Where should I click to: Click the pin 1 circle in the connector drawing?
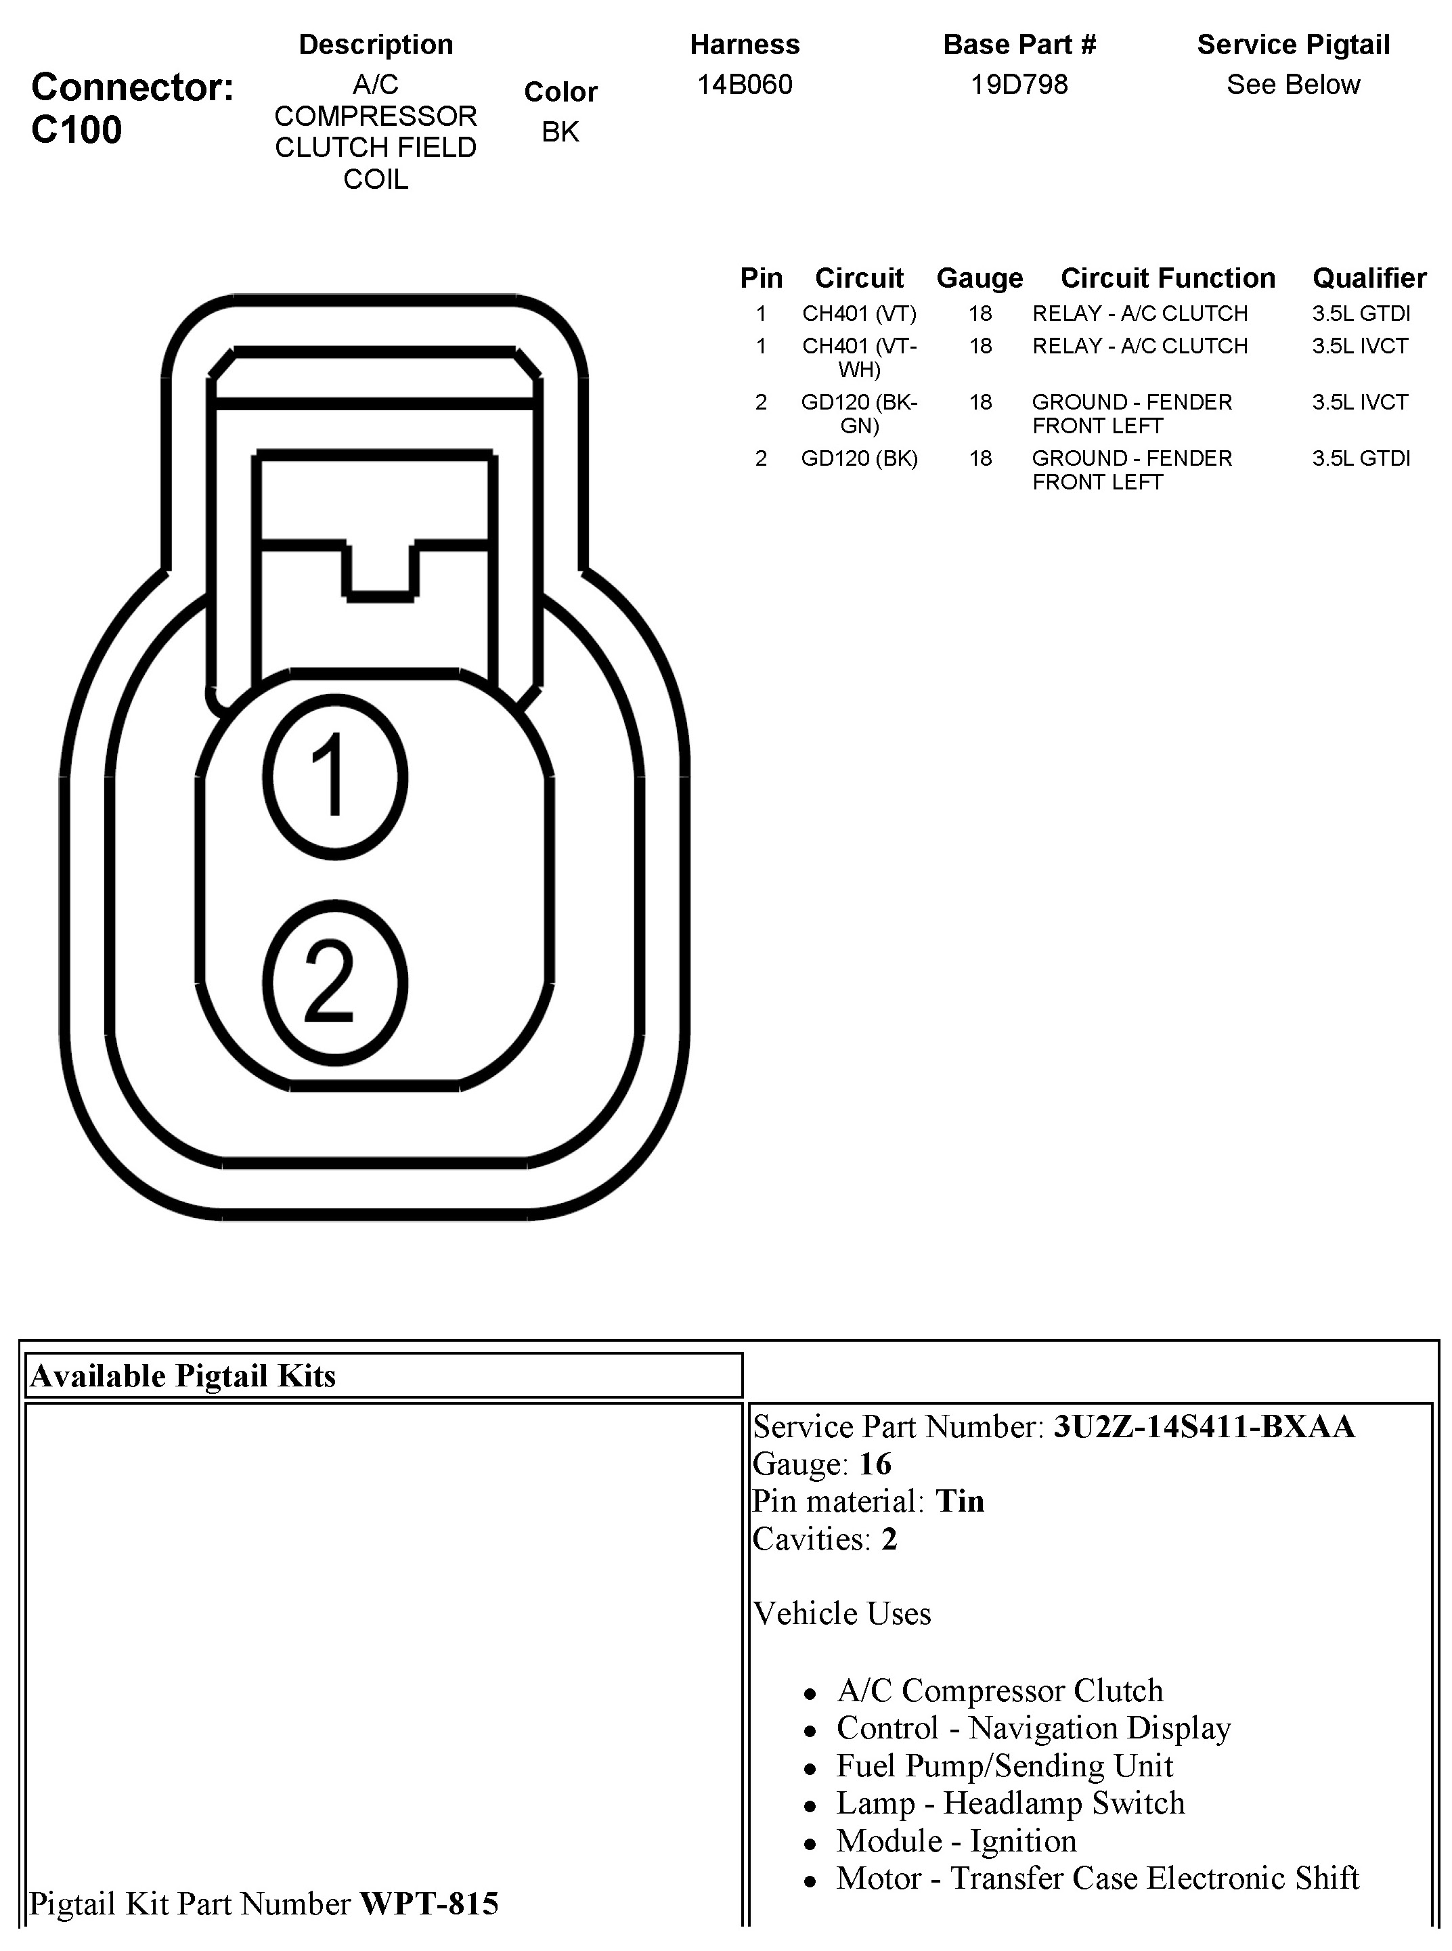coord(335,777)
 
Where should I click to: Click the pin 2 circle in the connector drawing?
coord(335,982)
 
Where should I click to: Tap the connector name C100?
coord(76,130)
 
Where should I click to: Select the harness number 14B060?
coord(745,85)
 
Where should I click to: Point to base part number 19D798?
coord(1019,85)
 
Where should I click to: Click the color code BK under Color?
coord(560,132)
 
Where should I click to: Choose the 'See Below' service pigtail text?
coord(1293,85)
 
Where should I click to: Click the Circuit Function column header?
coord(1167,278)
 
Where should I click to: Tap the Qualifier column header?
coord(1369,278)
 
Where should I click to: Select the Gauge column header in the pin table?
coord(980,278)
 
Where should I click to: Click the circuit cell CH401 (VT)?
coord(859,313)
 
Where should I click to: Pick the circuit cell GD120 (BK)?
coord(859,458)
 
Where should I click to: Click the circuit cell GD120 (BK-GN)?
coord(859,413)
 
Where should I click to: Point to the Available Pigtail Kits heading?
coord(183,1376)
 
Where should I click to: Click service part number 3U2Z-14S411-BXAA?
coord(1204,1426)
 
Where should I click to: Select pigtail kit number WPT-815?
coord(429,1904)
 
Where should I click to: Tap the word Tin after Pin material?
coord(960,1501)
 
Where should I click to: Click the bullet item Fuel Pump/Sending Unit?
coord(1005,1766)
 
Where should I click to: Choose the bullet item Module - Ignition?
coord(956,1840)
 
